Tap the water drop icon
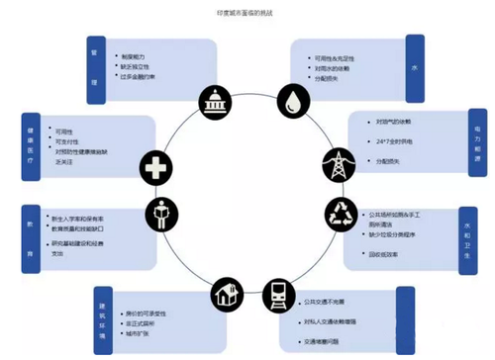click(x=294, y=102)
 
